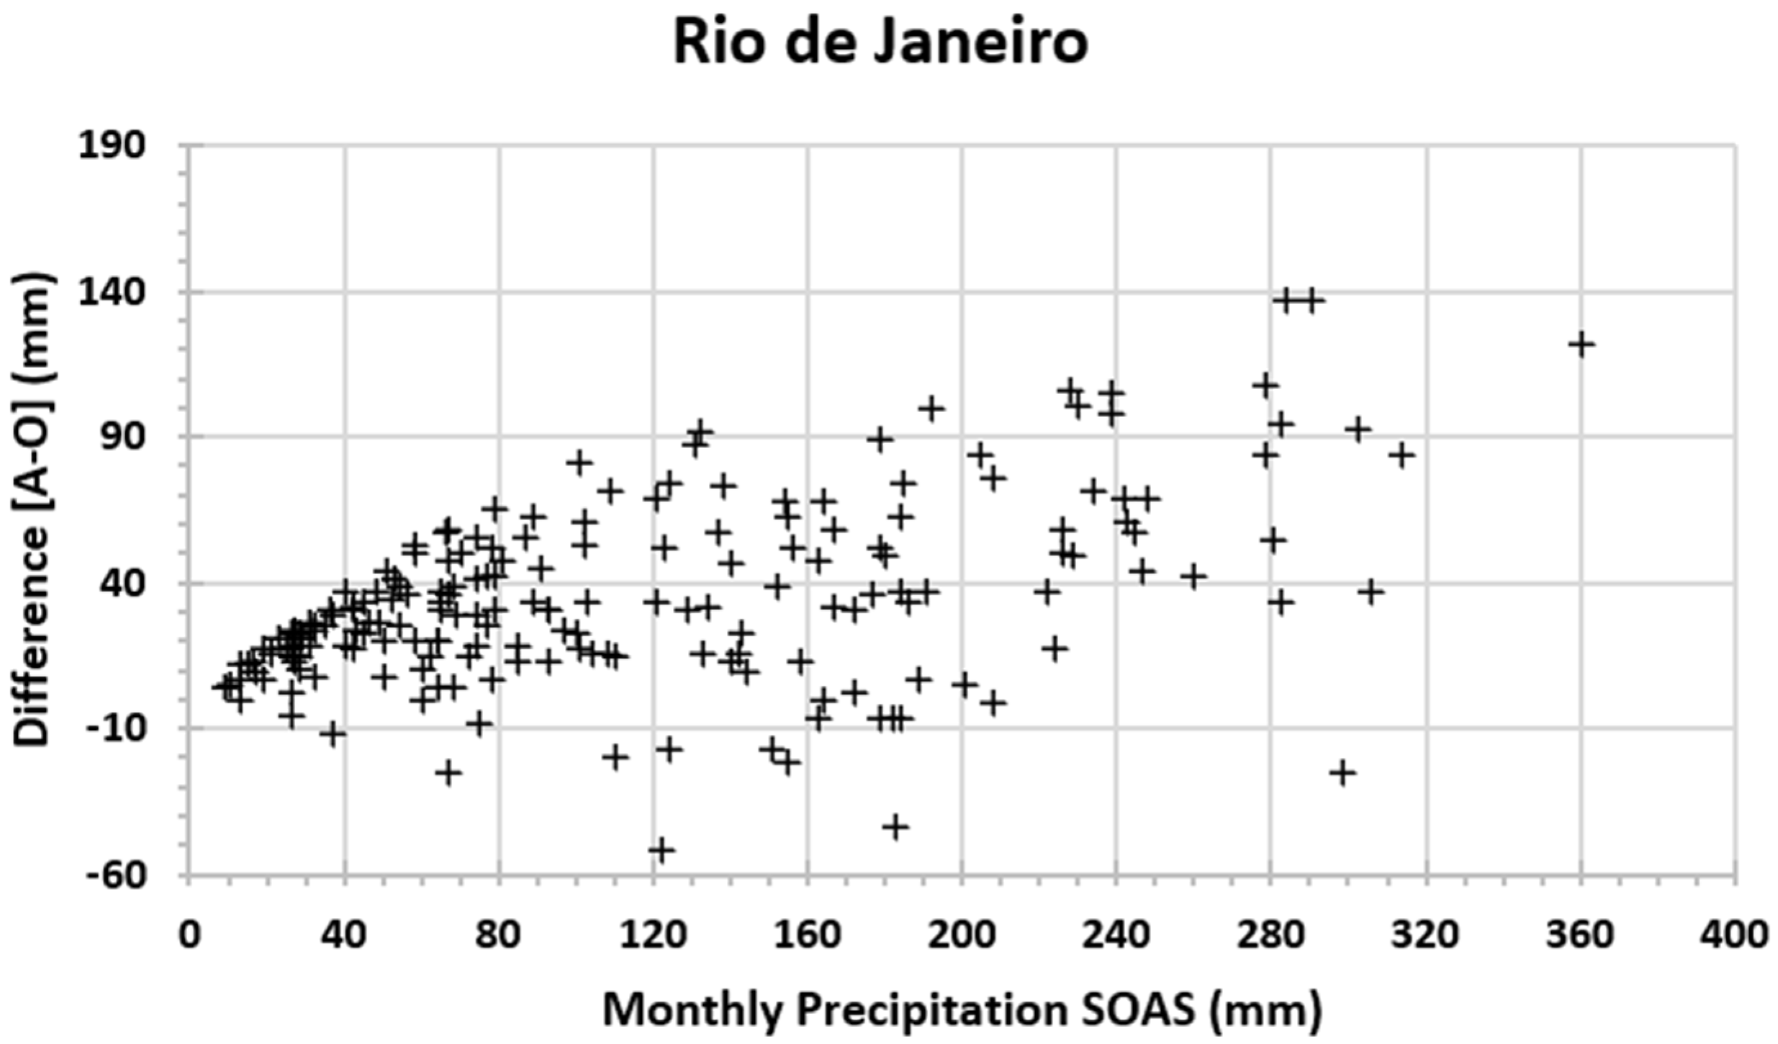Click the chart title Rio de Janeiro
pyautogui.click(x=880, y=42)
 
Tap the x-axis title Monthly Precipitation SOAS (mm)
pyautogui.click(x=962, y=1010)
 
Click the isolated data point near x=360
pyautogui.click(x=1581, y=344)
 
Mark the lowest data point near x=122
pyautogui.click(x=662, y=849)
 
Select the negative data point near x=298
pyautogui.click(x=1343, y=773)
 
